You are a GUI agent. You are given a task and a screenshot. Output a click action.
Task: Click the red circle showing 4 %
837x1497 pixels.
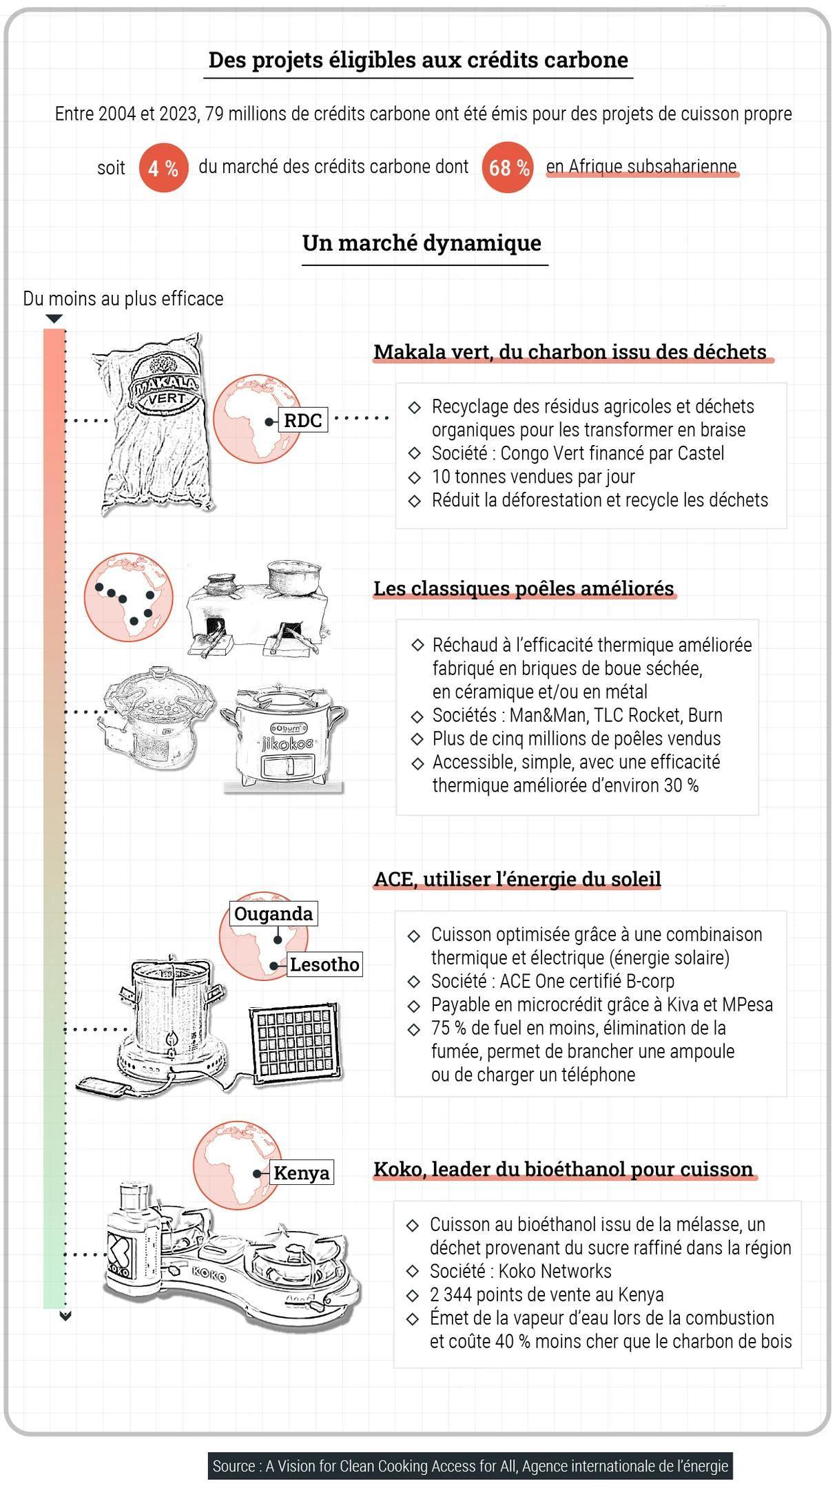[163, 167]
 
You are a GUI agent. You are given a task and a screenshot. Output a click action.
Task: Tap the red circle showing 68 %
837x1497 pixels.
[508, 167]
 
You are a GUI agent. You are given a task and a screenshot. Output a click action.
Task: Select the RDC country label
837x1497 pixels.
[302, 420]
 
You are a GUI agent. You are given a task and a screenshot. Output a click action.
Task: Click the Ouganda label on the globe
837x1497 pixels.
[273, 913]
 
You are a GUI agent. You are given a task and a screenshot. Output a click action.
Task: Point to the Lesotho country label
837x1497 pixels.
[324, 964]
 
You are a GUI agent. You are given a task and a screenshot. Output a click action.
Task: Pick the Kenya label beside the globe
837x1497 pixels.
[301, 1173]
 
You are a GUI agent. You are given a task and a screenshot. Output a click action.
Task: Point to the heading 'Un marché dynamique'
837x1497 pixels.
[422, 243]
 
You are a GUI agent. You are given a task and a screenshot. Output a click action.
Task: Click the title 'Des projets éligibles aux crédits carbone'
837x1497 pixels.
[418, 61]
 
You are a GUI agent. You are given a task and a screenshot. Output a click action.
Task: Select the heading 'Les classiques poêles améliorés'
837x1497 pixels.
[524, 589]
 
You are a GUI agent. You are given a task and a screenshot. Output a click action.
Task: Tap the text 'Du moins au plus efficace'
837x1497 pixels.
[123, 299]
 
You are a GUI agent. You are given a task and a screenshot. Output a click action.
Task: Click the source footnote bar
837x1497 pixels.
[470, 1466]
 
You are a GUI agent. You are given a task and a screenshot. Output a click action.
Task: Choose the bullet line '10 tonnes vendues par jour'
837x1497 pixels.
[533, 477]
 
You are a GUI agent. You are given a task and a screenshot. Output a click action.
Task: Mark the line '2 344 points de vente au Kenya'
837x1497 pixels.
[546, 1294]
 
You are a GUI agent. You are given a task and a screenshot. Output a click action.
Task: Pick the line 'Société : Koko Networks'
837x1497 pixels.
[520, 1271]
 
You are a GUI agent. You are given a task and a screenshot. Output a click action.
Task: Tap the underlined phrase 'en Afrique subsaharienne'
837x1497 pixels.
[641, 167]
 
